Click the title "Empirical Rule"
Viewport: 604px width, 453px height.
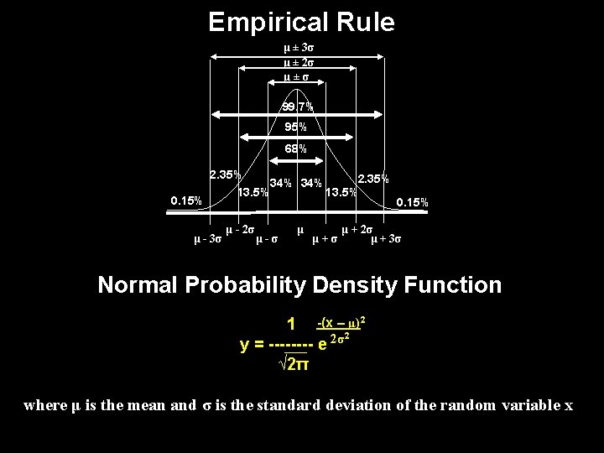pyautogui.click(x=301, y=23)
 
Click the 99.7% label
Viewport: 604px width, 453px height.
pyautogui.click(x=297, y=107)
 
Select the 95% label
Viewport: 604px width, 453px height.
pyautogui.click(x=295, y=128)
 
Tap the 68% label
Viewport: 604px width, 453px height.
pyautogui.click(x=295, y=148)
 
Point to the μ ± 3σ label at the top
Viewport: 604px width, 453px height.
pyautogui.click(x=299, y=49)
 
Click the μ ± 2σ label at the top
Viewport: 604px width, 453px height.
pyautogui.click(x=298, y=63)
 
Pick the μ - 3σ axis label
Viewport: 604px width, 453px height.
pyautogui.click(x=207, y=240)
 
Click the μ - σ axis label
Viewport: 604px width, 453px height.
pyautogui.click(x=269, y=240)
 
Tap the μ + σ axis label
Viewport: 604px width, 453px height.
pyautogui.click(x=325, y=240)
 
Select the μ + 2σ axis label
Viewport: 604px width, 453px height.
pyautogui.click(x=357, y=228)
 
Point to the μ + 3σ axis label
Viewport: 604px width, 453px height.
pyautogui.click(x=386, y=240)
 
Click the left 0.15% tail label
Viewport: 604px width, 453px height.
pyautogui.click(x=185, y=201)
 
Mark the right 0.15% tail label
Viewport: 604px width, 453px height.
pyautogui.click(x=412, y=202)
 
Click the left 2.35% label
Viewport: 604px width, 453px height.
pyautogui.click(x=226, y=175)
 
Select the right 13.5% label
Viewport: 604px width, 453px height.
pyautogui.click(x=341, y=192)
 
